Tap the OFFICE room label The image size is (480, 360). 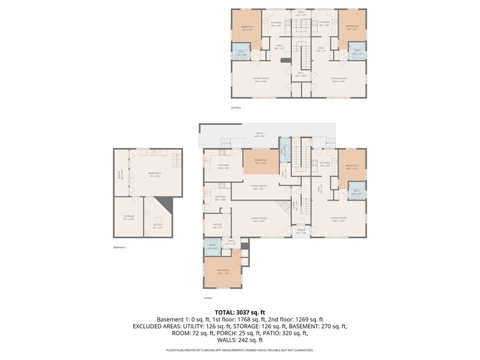[x=217, y=225]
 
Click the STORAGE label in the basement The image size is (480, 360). [x=129, y=217]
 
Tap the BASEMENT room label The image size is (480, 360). [x=154, y=174]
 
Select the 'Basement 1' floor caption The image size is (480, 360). [x=120, y=247]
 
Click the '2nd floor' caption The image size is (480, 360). [x=236, y=108]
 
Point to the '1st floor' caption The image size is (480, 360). [x=208, y=298]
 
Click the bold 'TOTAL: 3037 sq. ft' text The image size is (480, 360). [x=239, y=312]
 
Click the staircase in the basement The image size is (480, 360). [x=176, y=162]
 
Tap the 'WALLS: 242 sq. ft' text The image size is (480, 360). [x=239, y=340]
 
